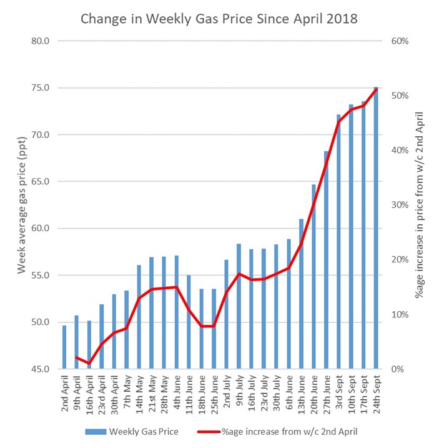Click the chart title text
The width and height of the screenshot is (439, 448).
(x=219, y=19)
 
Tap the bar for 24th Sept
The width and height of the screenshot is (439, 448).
(x=376, y=228)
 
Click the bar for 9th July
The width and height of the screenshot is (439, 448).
(x=239, y=306)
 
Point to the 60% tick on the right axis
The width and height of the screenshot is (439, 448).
(x=400, y=41)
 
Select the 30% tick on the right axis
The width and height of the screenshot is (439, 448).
(x=400, y=205)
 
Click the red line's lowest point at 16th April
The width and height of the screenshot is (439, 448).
(x=89, y=363)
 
